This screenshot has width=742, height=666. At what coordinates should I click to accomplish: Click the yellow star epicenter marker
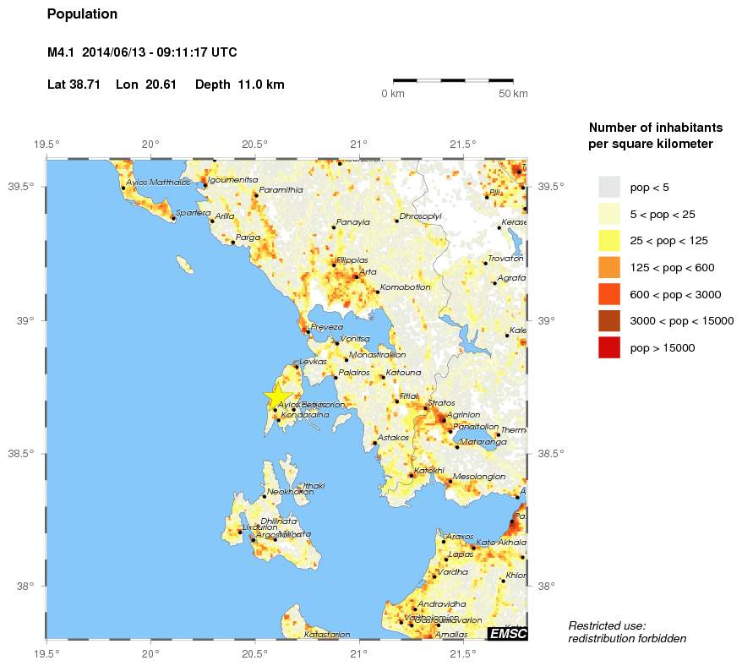[x=278, y=396]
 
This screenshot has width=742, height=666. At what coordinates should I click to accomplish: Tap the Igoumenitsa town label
[x=232, y=180]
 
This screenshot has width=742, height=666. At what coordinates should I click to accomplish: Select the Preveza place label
[x=327, y=327]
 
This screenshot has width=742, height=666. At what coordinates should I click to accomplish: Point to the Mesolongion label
[x=479, y=477]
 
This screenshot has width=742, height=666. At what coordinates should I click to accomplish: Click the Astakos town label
[x=393, y=438]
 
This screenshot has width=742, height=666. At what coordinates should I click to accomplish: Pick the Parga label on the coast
[x=248, y=237]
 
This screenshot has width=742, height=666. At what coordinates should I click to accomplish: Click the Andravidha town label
[x=442, y=604]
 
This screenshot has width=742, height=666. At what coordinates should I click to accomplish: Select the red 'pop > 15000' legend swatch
[x=608, y=347]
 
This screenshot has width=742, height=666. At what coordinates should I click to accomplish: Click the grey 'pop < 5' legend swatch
[x=608, y=187]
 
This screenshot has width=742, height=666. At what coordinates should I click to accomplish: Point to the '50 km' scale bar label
[x=513, y=93]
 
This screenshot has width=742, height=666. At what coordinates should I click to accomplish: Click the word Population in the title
[x=82, y=14]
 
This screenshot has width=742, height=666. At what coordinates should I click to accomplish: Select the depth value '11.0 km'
[x=263, y=85]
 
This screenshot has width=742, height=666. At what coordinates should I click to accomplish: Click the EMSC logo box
[x=507, y=634]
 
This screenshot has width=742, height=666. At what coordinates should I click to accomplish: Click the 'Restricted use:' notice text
[x=607, y=625]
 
